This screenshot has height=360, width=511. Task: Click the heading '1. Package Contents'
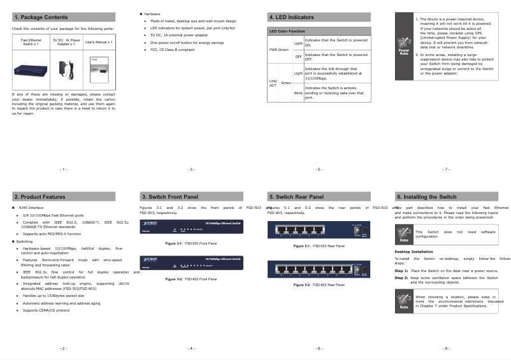41,17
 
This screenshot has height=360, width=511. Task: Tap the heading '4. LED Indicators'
292,17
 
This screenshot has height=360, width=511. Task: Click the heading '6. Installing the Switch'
426,197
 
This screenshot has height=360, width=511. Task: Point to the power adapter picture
66,68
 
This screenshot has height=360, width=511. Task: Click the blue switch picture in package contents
31,68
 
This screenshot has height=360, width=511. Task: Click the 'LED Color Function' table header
287,31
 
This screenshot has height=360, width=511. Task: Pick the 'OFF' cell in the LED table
298,57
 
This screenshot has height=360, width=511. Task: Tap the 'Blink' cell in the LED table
298,93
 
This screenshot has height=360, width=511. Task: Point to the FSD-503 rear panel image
319,230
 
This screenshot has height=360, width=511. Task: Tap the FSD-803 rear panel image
319,270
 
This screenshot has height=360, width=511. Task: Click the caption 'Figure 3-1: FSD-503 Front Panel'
191,243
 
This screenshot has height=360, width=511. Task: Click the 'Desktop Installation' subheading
414,252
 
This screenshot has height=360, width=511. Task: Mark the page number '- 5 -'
319,169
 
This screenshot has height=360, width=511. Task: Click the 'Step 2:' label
401,278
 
